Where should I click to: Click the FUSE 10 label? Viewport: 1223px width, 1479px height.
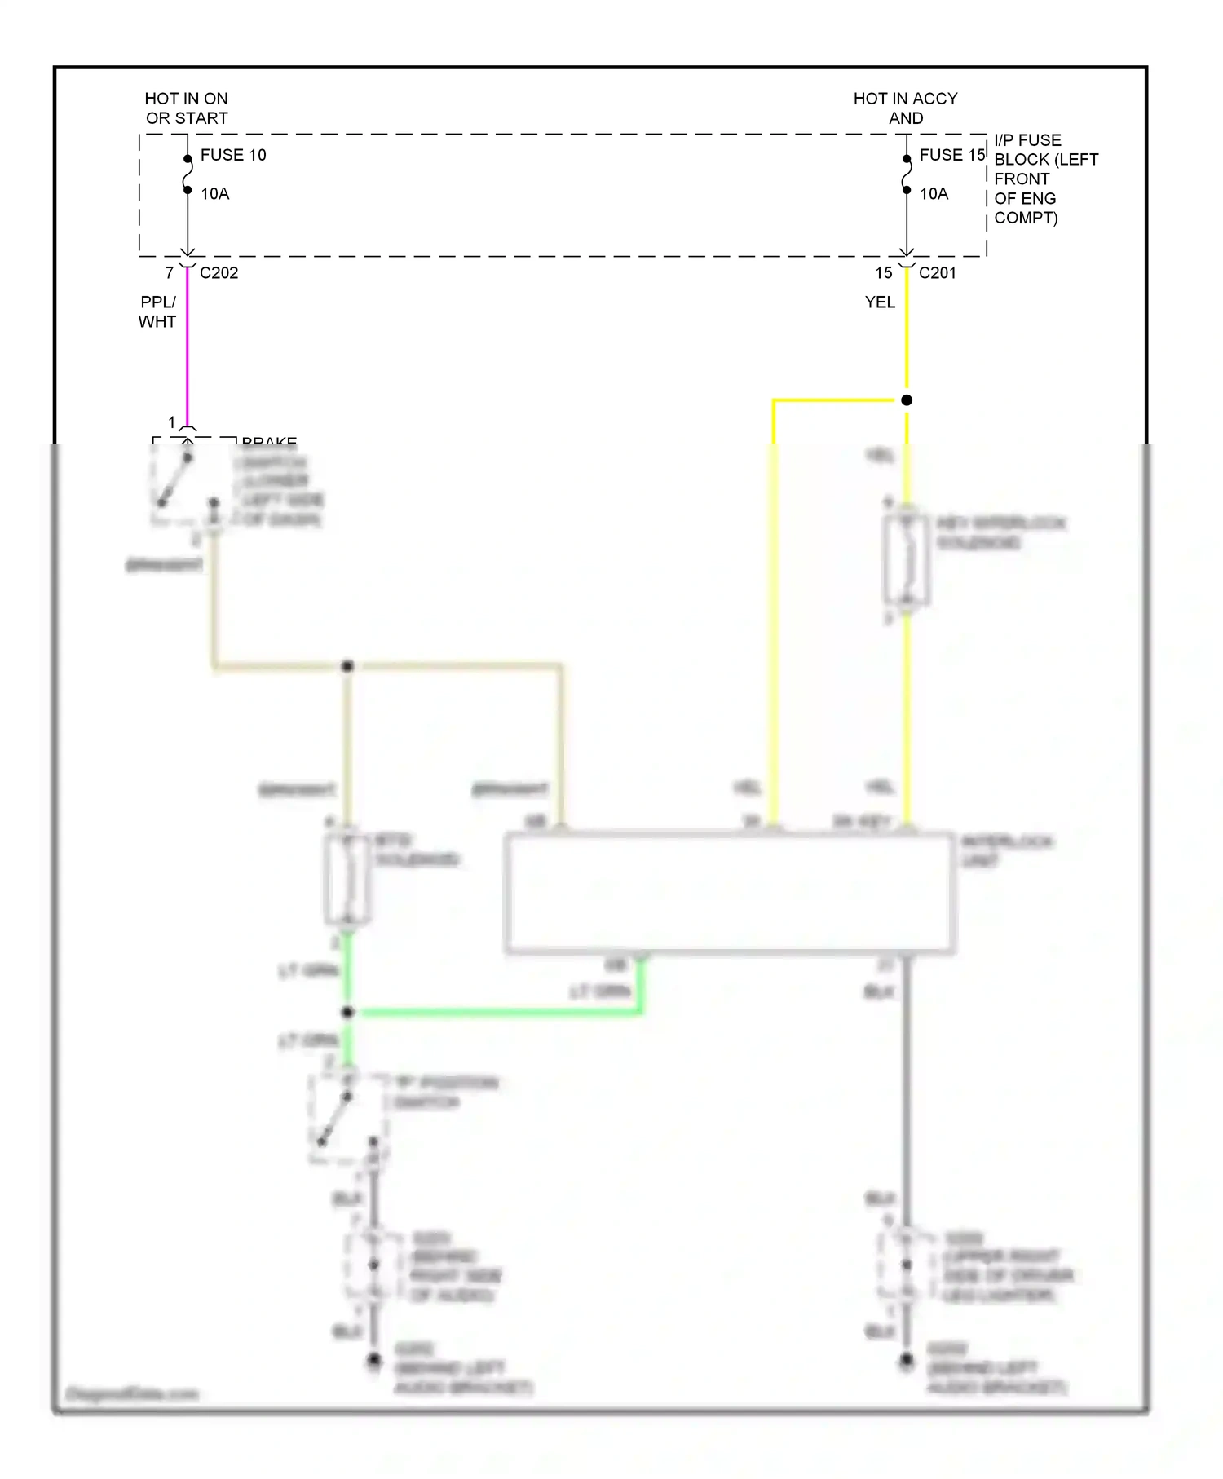click(233, 155)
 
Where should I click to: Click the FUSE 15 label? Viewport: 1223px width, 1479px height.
click(951, 155)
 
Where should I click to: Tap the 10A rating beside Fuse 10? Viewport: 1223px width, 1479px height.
click(215, 194)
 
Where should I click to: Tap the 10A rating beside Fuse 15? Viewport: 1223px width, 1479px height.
click(934, 194)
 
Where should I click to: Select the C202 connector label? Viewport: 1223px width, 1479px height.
click(219, 273)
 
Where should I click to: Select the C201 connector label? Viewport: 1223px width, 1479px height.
click(938, 273)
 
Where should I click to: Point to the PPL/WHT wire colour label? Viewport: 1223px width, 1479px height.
click(157, 311)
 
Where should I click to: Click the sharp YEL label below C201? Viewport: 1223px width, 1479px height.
click(880, 302)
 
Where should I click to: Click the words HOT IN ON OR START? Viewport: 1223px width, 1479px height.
click(187, 108)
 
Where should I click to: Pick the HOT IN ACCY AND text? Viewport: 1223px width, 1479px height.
click(905, 108)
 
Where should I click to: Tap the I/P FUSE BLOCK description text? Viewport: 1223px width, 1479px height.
click(1045, 179)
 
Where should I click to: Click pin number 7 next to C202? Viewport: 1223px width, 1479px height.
click(170, 273)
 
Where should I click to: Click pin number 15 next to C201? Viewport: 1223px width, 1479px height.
click(884, 273)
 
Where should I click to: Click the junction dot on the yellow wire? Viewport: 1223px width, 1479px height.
click(907, 400)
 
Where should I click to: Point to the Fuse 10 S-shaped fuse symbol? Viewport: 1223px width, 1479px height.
click(188, 174)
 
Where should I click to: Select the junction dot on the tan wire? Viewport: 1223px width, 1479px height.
click(347, 667)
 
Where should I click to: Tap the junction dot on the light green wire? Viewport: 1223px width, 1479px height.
click(347, 1013)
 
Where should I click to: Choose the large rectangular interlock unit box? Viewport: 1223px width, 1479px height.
click(730, 893)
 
